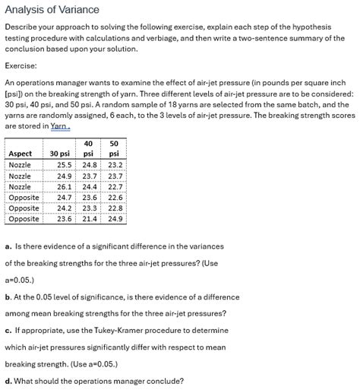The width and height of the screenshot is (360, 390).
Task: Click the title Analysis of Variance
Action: click(52, 9)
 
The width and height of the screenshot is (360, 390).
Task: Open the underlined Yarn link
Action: click(61, 126)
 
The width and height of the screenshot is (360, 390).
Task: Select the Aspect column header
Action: click(21, 154)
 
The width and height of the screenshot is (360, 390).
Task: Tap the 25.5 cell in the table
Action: click(65, 164)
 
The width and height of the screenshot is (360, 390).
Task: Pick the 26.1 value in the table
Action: click(65, 186)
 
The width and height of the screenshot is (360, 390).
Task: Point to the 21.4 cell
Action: click(90, 219)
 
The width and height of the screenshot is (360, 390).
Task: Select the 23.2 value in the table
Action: click(115, 164)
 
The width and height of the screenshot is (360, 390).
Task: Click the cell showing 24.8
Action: click(90, 164)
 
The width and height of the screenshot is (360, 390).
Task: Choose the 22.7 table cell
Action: click(115, 186)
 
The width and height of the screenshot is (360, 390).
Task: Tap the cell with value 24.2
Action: click(65, 208)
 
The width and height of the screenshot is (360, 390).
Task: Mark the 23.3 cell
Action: click(90, 208)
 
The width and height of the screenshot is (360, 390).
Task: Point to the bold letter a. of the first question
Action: click(8, 246)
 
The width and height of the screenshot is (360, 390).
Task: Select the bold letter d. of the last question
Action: click(8, 381)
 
